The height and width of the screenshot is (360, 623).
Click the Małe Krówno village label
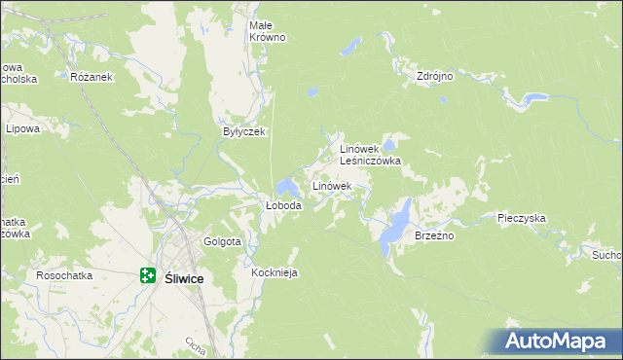point(267,30)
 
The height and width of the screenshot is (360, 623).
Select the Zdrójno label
point(435,75)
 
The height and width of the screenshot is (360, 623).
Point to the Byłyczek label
point(243,131)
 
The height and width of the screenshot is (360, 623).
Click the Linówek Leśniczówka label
point(369,155)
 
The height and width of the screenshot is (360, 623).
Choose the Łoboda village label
point(284,206)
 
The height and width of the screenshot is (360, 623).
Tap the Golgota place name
point(222,241)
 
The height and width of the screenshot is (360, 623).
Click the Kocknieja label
point(274,273)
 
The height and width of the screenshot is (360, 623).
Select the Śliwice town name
point(184,277)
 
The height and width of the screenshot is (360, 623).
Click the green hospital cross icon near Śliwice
point(148,276)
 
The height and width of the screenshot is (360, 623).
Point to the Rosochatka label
point(64,275)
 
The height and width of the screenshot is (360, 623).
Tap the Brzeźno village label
point(434,235)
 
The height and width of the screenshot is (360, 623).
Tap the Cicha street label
point(194,345)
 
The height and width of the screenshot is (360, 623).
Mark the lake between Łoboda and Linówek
point(287,186)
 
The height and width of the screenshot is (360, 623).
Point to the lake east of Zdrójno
point(533,98)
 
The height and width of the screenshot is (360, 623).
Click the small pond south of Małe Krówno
point(311,93)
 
